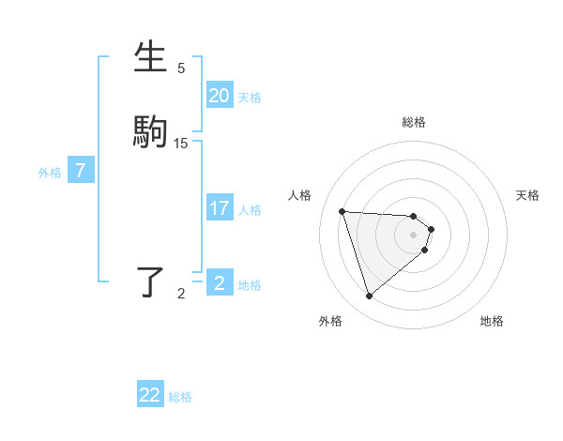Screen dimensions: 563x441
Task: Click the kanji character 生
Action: tap(151, 56)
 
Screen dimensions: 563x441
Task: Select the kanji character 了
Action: tap(151, 281)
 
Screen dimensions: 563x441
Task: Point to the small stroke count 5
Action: tap(181, 68)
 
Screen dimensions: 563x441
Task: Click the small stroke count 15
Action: tap(181, 143)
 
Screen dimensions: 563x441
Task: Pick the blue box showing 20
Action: tap(219, 96)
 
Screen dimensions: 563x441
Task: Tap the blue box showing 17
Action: tap(219, 208)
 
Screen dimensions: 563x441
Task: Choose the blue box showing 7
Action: tap(81, 171)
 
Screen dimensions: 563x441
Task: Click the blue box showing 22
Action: tap(150, 395)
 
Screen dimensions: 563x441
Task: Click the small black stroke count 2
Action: tap(181, 294)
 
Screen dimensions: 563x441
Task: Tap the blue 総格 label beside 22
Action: tap(180, 397)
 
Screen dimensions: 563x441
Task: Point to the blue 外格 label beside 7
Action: tap(49, 173)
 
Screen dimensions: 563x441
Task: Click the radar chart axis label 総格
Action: tap(414, 122)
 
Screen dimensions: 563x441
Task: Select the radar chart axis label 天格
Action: tap(528, 195)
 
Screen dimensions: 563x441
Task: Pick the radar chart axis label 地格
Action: tap(492, 321)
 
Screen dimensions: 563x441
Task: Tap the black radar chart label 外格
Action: tap(330, 321)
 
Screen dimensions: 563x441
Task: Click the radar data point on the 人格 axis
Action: tap(342, 211)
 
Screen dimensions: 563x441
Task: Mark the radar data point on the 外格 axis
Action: tap(370, 297)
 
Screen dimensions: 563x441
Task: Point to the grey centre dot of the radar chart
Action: tap(414, 236)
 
